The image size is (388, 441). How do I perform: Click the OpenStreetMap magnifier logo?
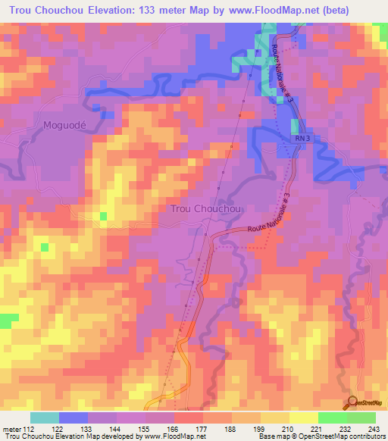tap(354, 402)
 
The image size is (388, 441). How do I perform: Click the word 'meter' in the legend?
tap(11, 429)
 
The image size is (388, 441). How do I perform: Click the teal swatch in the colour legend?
tap(45, 418)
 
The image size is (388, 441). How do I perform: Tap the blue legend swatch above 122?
tap(74, 418)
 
